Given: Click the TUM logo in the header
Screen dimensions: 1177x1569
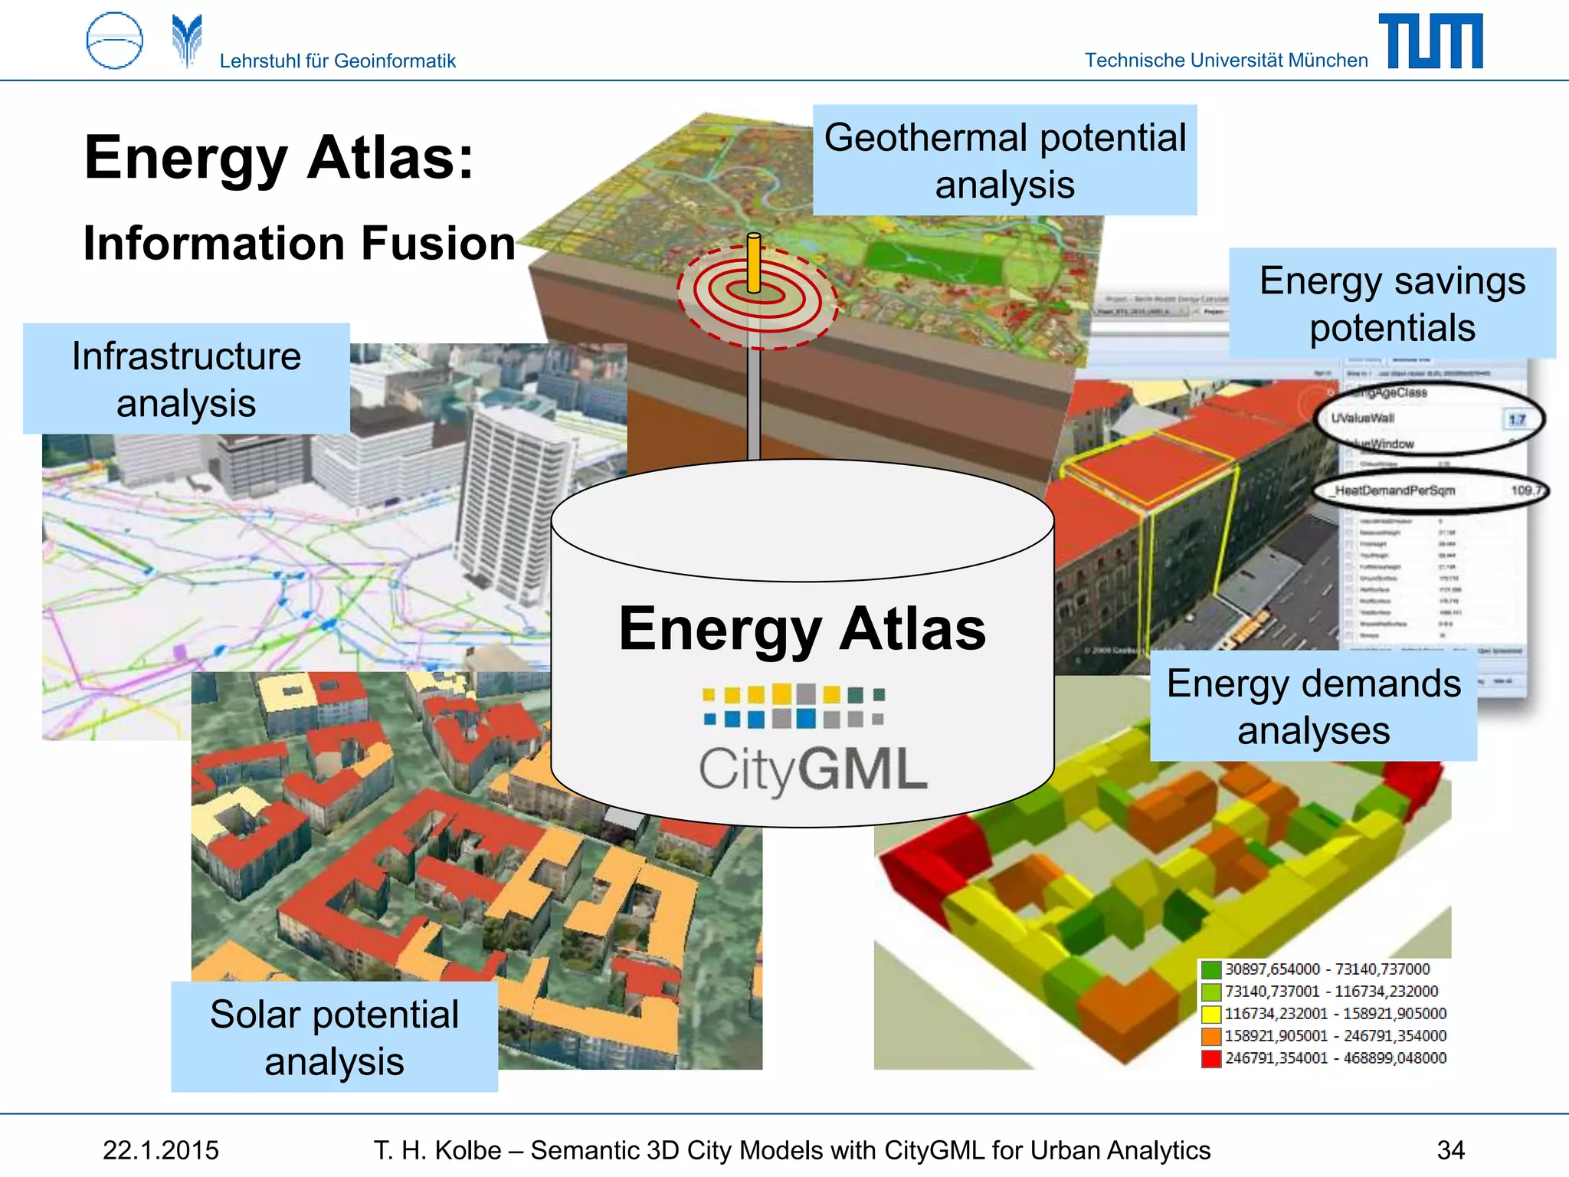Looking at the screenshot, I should click(1430, 41).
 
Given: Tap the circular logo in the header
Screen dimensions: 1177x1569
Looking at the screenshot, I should click(115, 41).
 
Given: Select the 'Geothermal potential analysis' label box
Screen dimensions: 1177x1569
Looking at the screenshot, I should click(1004, 160).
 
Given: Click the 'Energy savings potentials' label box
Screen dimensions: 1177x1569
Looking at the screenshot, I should click(1391, 303).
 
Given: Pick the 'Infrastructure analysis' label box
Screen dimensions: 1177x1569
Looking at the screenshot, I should click(186, 379).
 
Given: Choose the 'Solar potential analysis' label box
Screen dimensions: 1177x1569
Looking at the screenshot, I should click(334, 1037).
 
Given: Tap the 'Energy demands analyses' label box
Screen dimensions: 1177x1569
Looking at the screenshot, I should click(1313, 706).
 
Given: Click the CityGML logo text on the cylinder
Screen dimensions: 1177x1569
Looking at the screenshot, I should click(813, 769).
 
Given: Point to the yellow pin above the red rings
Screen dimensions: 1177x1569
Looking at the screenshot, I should click(754, 264).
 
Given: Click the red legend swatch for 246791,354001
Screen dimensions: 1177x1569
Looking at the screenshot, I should click(1210, 1058).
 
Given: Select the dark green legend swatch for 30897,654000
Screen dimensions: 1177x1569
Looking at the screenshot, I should click(1210, 969).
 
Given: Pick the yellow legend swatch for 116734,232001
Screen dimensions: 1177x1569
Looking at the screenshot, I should click(1210, 1014).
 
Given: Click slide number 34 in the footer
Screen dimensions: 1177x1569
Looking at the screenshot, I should click(1450, 1150).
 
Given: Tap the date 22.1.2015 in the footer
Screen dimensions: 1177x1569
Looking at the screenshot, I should click(161, 1150).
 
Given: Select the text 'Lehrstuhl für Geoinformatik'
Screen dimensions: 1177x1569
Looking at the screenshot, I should click(337, 61).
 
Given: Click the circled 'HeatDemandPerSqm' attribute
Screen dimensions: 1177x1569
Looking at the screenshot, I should click(1394, 490).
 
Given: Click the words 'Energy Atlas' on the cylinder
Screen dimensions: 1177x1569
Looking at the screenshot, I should click(802, 629).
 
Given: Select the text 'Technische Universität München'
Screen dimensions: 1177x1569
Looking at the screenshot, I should click(1226, 60).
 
